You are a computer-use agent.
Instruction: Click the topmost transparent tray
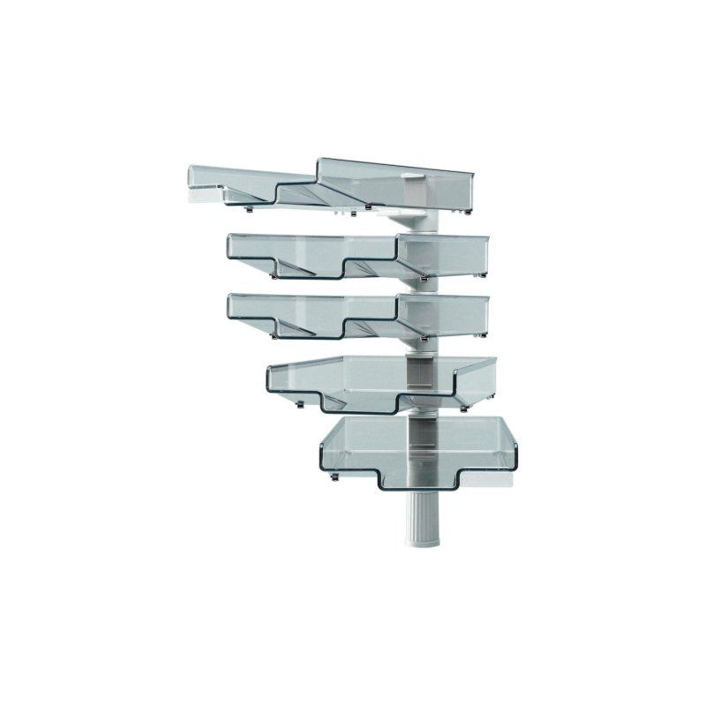pyautogui.click(x=335, y=184)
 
